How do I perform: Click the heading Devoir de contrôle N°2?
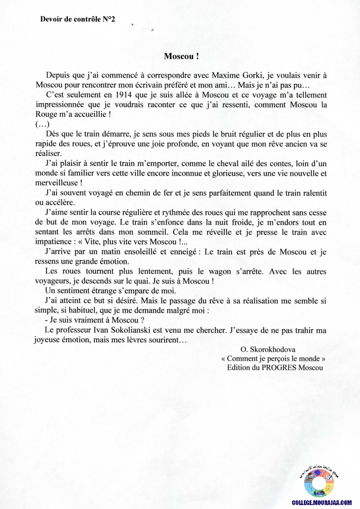[77, 19]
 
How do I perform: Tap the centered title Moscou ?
[182, 56]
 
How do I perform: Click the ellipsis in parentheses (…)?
[42, 125]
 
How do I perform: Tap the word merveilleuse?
[56, 183]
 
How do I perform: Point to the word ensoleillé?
[148, 252]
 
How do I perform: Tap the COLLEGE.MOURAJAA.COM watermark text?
[321, 502]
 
